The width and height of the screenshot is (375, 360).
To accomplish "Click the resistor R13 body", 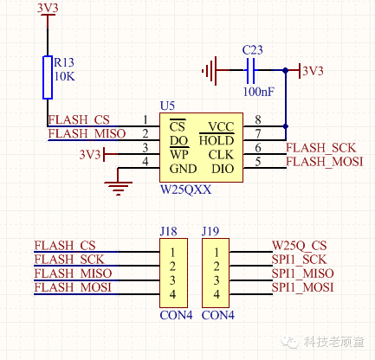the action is [48, 77].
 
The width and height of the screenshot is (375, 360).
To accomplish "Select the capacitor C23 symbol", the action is [250, 70].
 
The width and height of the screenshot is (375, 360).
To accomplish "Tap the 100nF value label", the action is [258, 92].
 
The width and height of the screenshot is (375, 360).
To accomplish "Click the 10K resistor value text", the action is [64, 76].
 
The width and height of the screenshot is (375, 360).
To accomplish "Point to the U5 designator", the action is [167, 106].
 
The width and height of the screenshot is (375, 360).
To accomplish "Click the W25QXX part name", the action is [186, 190].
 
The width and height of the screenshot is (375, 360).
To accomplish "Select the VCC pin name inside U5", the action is [221, 127].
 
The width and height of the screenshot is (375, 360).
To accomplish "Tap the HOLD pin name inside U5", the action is [217, 141].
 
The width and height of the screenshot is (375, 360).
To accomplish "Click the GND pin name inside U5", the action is [183, 169].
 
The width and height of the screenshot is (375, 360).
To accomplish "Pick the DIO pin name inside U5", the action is [223, 169].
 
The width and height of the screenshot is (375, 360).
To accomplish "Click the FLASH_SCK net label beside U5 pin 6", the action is [320, 148].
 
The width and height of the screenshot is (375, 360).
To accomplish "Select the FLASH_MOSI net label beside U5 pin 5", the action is [325, 162].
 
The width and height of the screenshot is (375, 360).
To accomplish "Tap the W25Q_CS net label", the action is [300, 246].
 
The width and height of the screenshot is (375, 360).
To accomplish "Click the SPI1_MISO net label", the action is [302, 273].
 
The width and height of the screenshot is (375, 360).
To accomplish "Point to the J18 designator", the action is [168, 232].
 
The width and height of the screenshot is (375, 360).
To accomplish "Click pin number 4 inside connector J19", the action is [217, 294].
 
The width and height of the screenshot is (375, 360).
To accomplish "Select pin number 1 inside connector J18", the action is [172, 253].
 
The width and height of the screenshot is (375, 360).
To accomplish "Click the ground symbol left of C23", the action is [210, 70].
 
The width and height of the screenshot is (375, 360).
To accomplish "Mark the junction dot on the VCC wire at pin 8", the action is [286, 126].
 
